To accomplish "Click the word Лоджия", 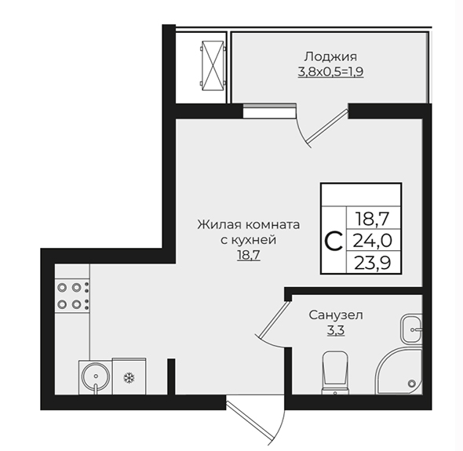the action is click(x=330, y=56).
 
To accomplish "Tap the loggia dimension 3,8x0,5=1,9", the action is click(x=330, y=71).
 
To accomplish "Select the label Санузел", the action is click(x=336, y=315).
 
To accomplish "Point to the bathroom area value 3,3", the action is click(x=336, y=330).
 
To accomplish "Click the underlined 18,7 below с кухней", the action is click(x=249, y=255).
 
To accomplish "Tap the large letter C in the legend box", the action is click(x=334, y=241).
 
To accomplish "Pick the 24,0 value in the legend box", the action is click(x=373, y=241).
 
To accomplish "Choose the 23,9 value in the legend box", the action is click(x=373, y=263).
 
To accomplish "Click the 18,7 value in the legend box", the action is click(x=373, y=219).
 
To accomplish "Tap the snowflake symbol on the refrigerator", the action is click(x=129, y=377).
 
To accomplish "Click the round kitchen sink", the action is click(x=96, y=376).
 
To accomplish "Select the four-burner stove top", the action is click(x=72, y=296).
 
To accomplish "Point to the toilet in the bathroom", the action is click(x=335, y=373).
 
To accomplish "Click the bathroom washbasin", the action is click(x=411, y=329).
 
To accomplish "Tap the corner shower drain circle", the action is click(x=411, y=384).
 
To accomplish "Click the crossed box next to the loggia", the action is click(x=213, y=64).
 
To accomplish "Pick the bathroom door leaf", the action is click(x=272, y=319).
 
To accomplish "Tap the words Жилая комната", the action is click(x=249, y=225).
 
